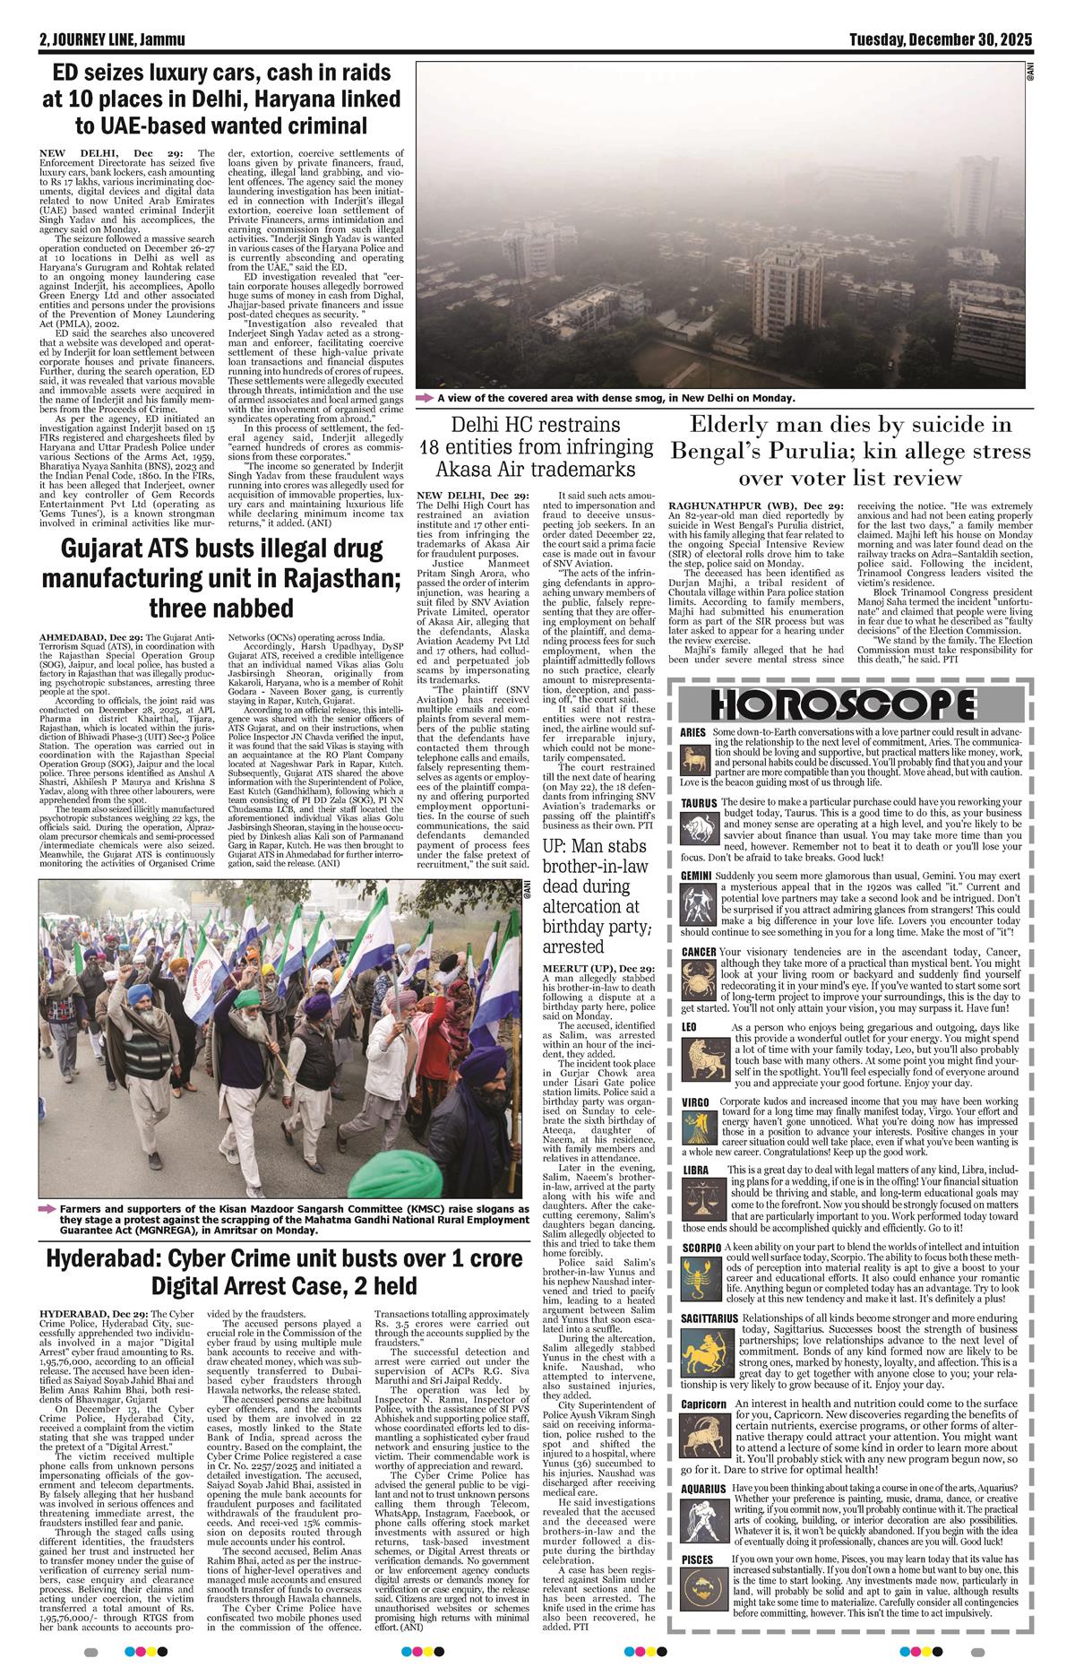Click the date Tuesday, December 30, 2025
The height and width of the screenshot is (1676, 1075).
point(942,40)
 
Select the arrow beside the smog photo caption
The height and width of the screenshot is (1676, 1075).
point(424,397)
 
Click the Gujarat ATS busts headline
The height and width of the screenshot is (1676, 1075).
point(211,578)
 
